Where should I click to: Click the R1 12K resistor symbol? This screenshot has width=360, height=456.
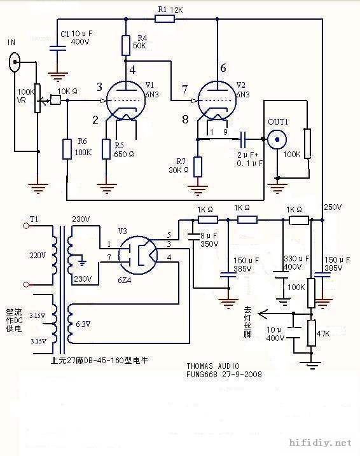point(163,19)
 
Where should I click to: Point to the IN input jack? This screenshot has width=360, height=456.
point(15,62)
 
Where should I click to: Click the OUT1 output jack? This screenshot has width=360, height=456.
point(276,139)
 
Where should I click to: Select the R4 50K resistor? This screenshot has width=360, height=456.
point(125,45)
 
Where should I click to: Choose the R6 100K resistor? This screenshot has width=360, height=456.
point(67,149)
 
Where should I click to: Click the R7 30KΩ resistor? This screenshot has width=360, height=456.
point(198,167)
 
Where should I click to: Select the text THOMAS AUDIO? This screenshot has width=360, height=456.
point(214,366)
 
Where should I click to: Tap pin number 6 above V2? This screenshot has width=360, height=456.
point(223,68)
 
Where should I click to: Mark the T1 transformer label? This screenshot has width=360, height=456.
point(34,219)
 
